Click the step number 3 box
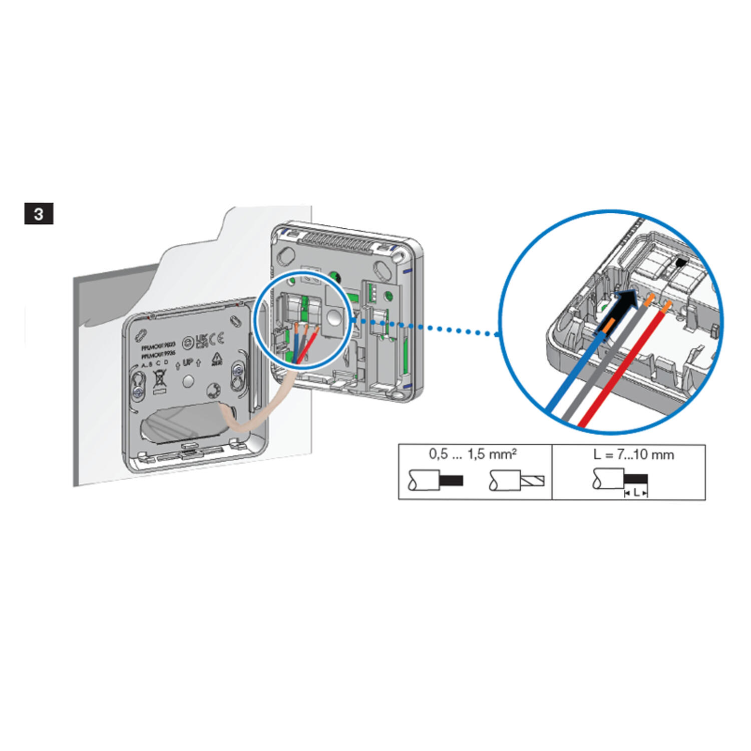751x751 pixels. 39,214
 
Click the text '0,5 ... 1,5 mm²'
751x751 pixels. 473,454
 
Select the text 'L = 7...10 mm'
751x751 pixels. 633,455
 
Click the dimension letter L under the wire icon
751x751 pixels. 636,493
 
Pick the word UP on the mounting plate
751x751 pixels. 188,362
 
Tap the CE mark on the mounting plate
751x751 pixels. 217,339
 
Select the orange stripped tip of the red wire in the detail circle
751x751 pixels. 666,304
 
